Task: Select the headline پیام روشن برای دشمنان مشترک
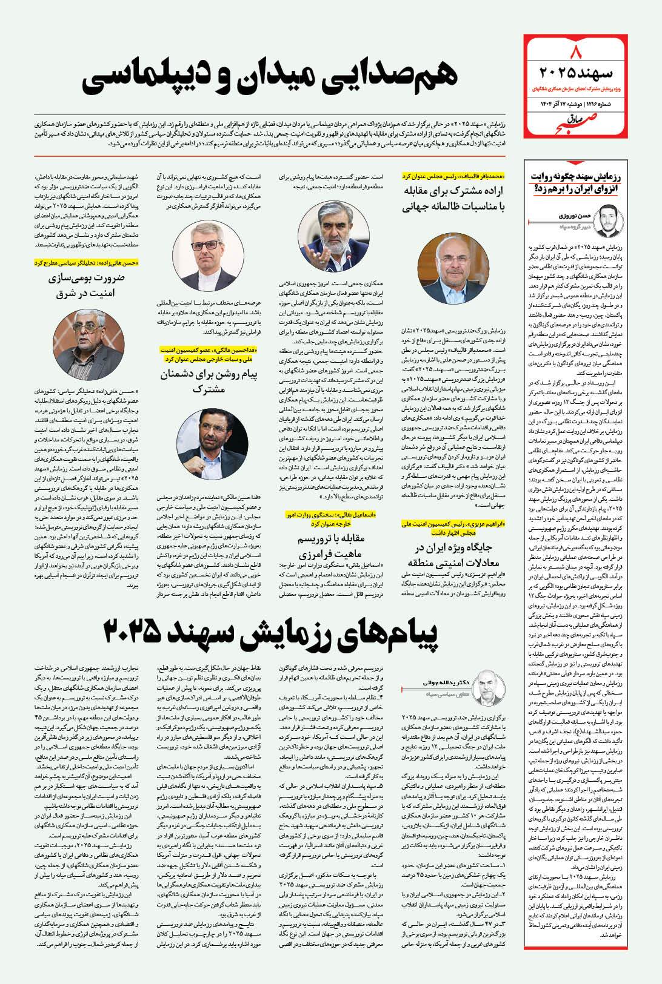[209, 381]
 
